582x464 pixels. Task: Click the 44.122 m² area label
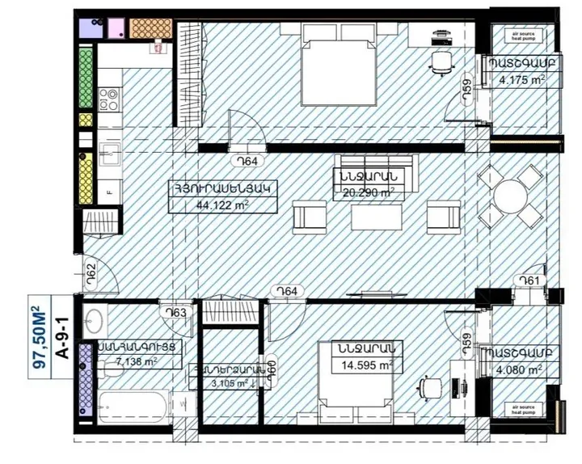[221, 205]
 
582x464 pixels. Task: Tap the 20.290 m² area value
[366, 192]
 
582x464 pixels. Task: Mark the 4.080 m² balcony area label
[523, 374]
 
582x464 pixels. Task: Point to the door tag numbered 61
[529, 281]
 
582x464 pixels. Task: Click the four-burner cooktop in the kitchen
[108, 99]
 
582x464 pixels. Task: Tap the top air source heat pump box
[523, 36]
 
